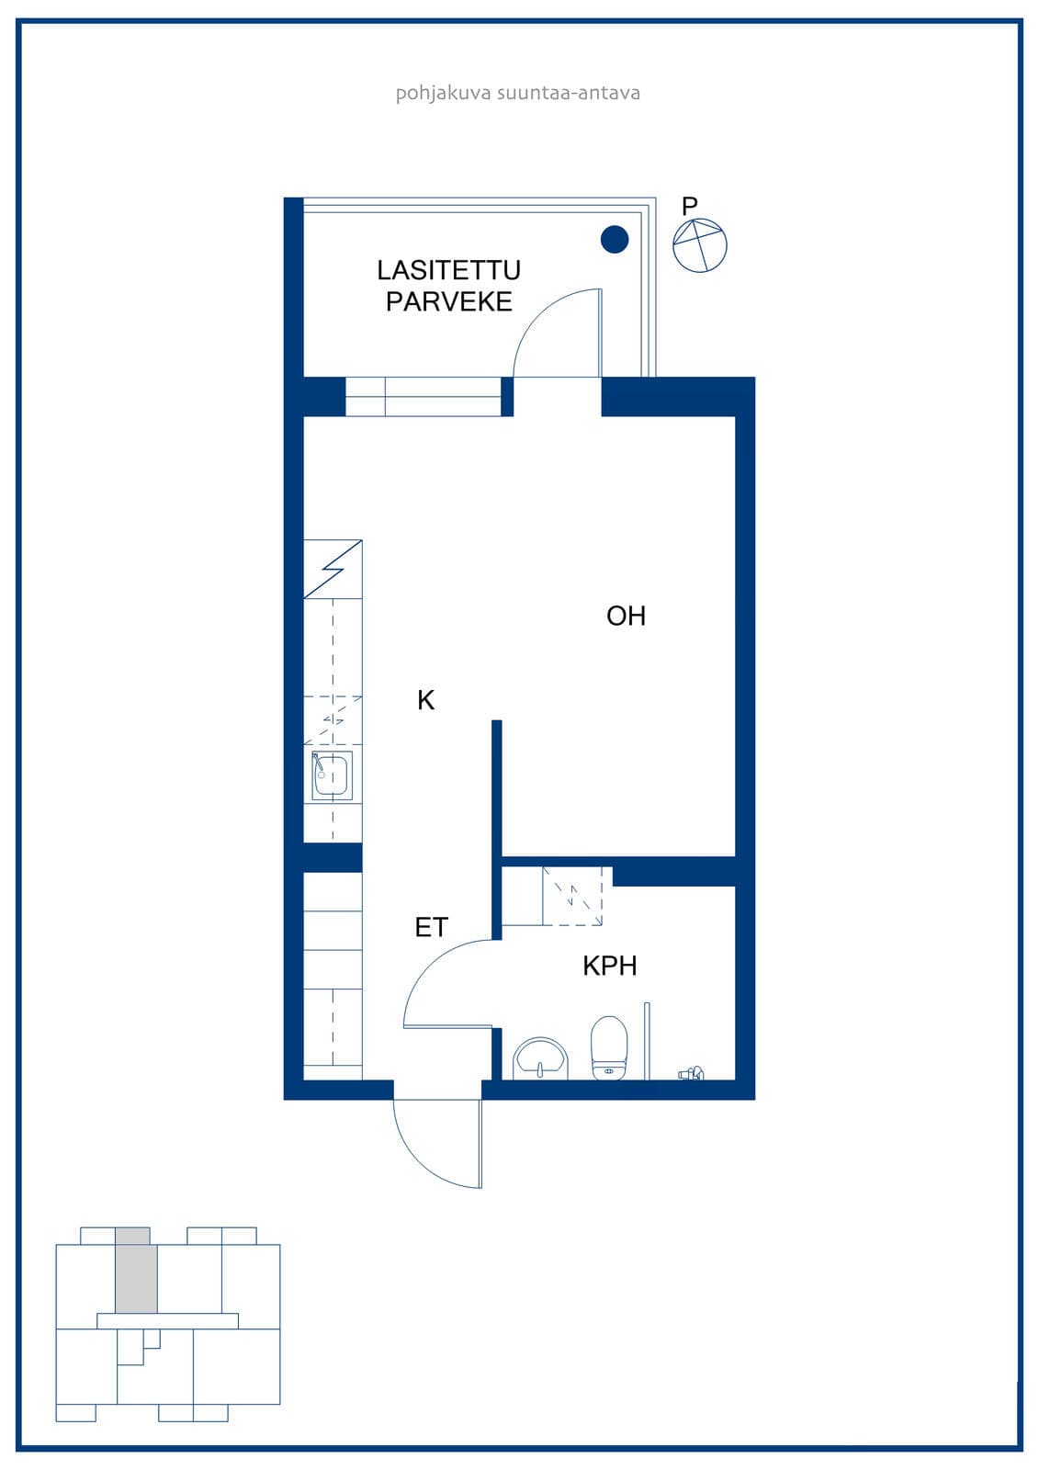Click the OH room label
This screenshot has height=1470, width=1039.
pos(626,616)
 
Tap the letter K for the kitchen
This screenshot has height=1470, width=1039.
pos(425,700)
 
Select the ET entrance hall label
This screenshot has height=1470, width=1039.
pos(431,927)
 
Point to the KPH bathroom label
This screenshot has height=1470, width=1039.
pos(610,966)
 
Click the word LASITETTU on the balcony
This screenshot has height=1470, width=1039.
pos(449,270)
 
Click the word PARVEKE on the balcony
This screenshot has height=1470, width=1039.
pos(449,302)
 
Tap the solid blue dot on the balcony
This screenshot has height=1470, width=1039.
pos(615,240)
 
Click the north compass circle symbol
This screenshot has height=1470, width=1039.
pos(700,245)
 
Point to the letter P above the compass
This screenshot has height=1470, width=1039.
pos(689,206)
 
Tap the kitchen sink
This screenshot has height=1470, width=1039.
pos(333,775)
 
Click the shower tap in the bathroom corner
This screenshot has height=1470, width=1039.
pos(691,1073)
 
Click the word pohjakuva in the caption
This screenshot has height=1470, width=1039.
pos(443,93)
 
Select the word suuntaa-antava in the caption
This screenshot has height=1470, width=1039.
pos(569,93)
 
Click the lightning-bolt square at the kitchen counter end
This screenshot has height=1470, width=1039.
pos(333,569)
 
